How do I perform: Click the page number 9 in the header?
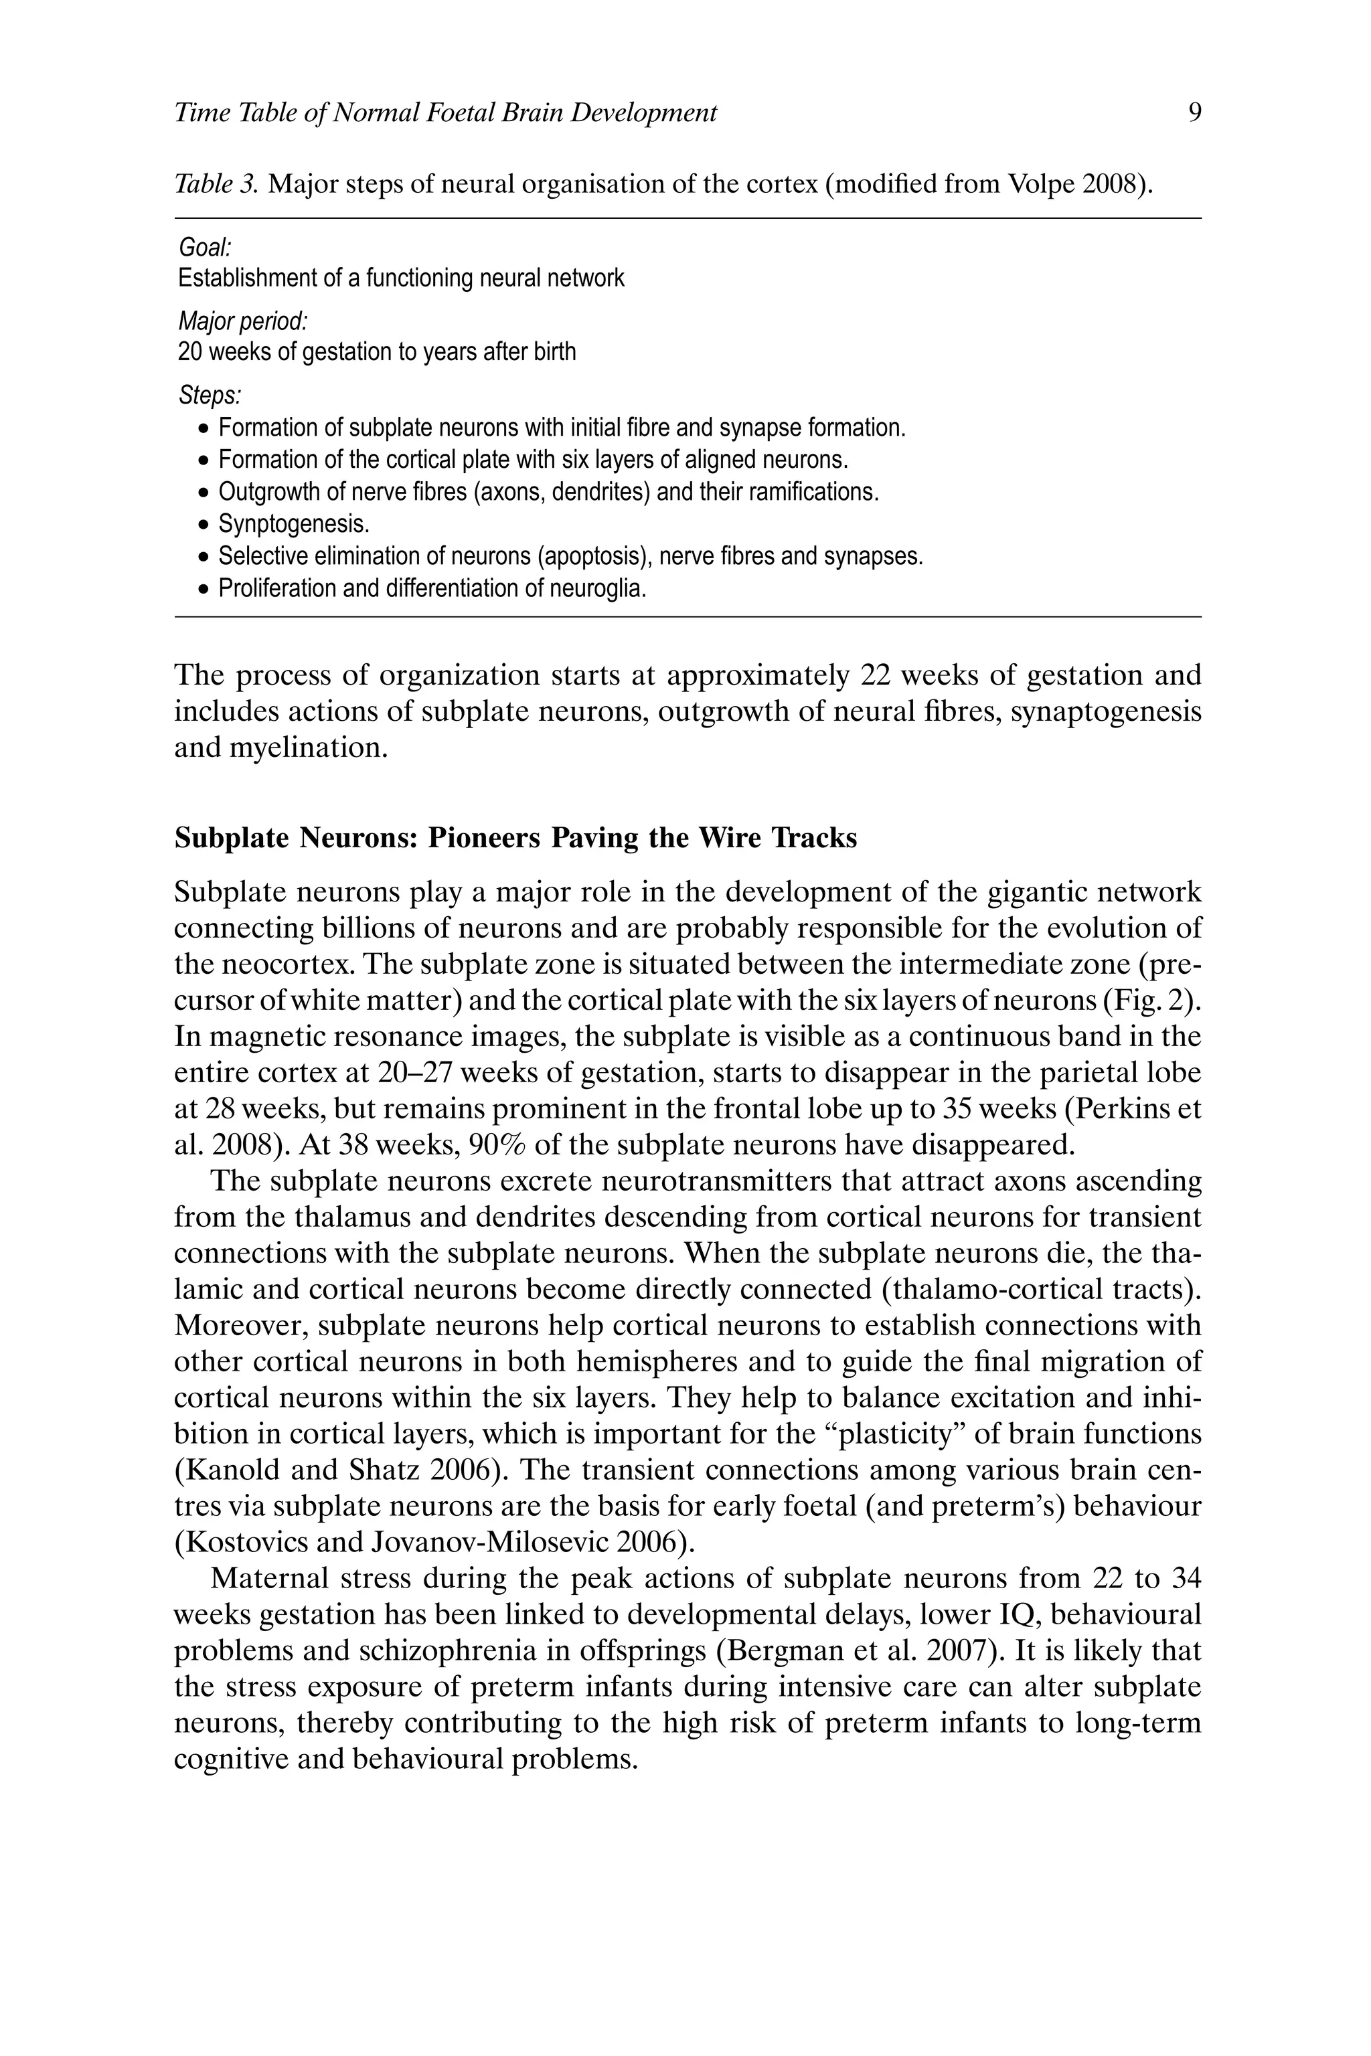1195,112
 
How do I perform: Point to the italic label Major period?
242,322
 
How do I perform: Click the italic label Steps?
209,396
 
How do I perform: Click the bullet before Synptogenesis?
203,525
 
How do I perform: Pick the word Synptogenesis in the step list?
294,525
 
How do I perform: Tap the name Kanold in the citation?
230,1470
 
